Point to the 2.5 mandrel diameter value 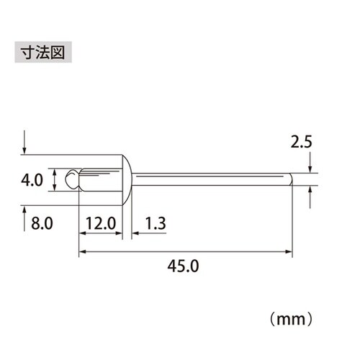(302, 143)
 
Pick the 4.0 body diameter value (35, 179)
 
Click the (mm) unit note (293, 315)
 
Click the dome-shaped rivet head (127, 179)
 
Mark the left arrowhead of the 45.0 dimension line (81, 251)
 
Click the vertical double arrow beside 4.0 (55, 179)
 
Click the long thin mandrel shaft (209, 179)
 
